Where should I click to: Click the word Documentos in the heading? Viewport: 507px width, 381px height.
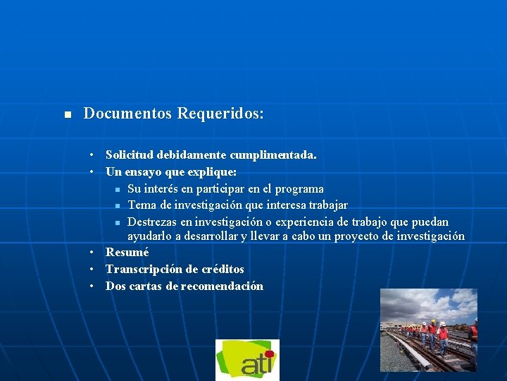pos(127,114)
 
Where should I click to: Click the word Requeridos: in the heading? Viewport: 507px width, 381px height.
pos(220,114)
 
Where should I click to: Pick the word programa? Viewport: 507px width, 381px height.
pos(299,188)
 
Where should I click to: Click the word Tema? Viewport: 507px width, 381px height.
pos(142,205)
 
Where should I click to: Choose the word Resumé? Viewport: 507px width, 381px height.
pos(127,252)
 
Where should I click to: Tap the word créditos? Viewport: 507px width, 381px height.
pos(221,269)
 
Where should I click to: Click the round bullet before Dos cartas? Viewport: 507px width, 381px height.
pos(92,286)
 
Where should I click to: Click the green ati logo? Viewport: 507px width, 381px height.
pos(247,360)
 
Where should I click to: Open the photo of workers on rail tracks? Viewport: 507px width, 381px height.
pos(428,329)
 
